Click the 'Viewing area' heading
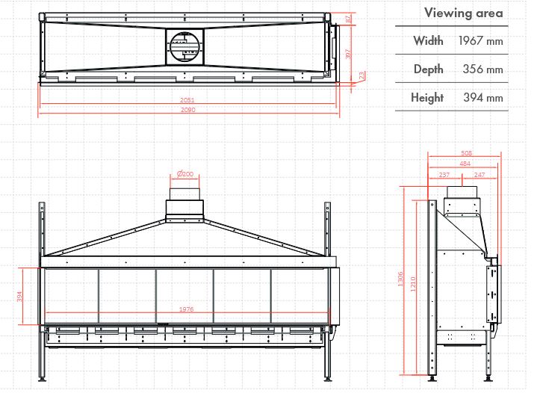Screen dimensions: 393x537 [x=463, y=13]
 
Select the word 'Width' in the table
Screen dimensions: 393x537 [x=428, y=41]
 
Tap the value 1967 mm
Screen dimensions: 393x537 [x=480, y=41]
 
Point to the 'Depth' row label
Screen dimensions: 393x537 [x=428, y=69]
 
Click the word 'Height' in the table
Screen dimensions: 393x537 [x=426, y=98]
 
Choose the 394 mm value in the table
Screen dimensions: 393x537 [x=482, y=98]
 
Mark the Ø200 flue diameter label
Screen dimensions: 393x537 [x=184, y=174]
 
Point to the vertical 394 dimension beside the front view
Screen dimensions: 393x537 [x=20, y=297]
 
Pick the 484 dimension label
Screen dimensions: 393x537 [x=465, y=164]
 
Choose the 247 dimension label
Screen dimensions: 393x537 [x=479, y=175]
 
